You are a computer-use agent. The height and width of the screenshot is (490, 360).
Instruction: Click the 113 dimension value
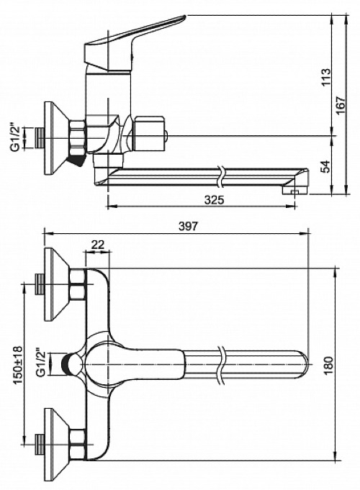tap(325, 77)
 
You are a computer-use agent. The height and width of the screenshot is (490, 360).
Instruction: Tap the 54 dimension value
tap(325, 166)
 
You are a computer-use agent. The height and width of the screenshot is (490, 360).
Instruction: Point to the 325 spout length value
tap(215, 200)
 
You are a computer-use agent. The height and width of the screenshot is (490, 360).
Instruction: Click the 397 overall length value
tap(189, 226)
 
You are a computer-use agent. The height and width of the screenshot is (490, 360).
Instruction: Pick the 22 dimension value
tap(98, 245)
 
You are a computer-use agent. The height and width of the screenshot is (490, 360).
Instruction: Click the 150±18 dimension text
tap(18, 365)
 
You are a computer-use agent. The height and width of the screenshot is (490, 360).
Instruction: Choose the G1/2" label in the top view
tap(42, 363)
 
